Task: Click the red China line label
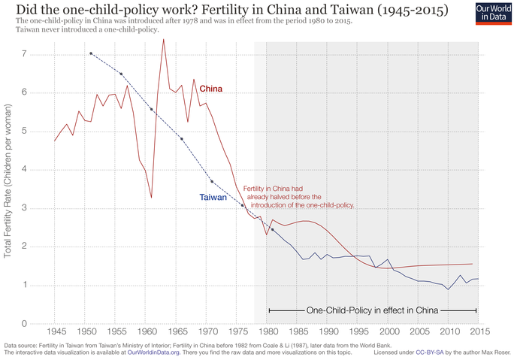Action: pyautogui.click(x=210, y=89)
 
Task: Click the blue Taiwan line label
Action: pyautogui.click(x=213, y=198)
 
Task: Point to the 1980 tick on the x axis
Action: pyautogui.click(x=267, y=331)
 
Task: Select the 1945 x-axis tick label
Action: pyautogui.click(x=55, y=331)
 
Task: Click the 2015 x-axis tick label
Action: pyautogui.click(x=480, y=331)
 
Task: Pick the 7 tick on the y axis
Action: pyautogui.click(x=25, y=55)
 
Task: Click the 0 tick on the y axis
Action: pyautogui.click(x=25, y=324)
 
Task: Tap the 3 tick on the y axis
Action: pyautogui.click(x=25, y=208)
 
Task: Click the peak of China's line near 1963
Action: pyautogui.click(x=163, y=39)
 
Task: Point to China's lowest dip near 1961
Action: pyautogui.click(x=152, y=198)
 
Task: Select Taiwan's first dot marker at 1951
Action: pyautogui.click(x=91, y=53)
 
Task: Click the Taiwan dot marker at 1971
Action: pyautogui.click(x=212, y=181)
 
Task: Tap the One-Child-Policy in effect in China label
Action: pyautogui.click(x=373, y=310)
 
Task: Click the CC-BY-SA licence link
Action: pyautogui.click(x=419, y=352)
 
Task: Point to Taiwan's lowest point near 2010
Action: pyautogui.click(x=449, y=289)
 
